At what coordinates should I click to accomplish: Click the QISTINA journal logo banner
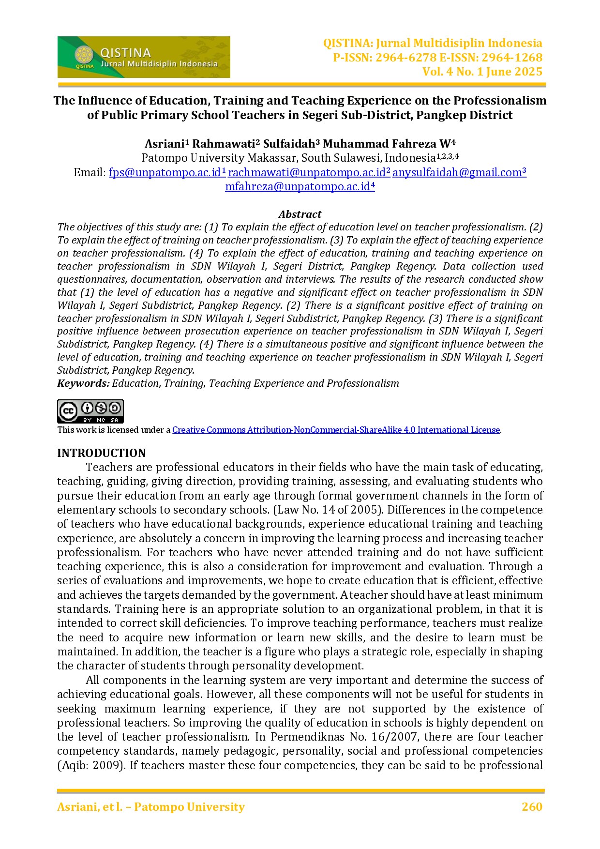pos(144,57)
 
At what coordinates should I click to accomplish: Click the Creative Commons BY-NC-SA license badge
pos(90,411)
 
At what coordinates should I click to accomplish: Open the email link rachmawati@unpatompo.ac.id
pos(308,172)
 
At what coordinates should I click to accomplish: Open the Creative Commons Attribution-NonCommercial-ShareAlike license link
pos(336,430)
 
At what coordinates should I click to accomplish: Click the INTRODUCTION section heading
pos(102,453)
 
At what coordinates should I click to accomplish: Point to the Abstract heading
pos(300,214)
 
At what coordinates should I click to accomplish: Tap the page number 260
pos(532,807)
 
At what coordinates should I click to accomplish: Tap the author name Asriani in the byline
pos(164,144)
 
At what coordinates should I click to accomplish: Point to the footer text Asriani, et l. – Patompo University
pos(151,807)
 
